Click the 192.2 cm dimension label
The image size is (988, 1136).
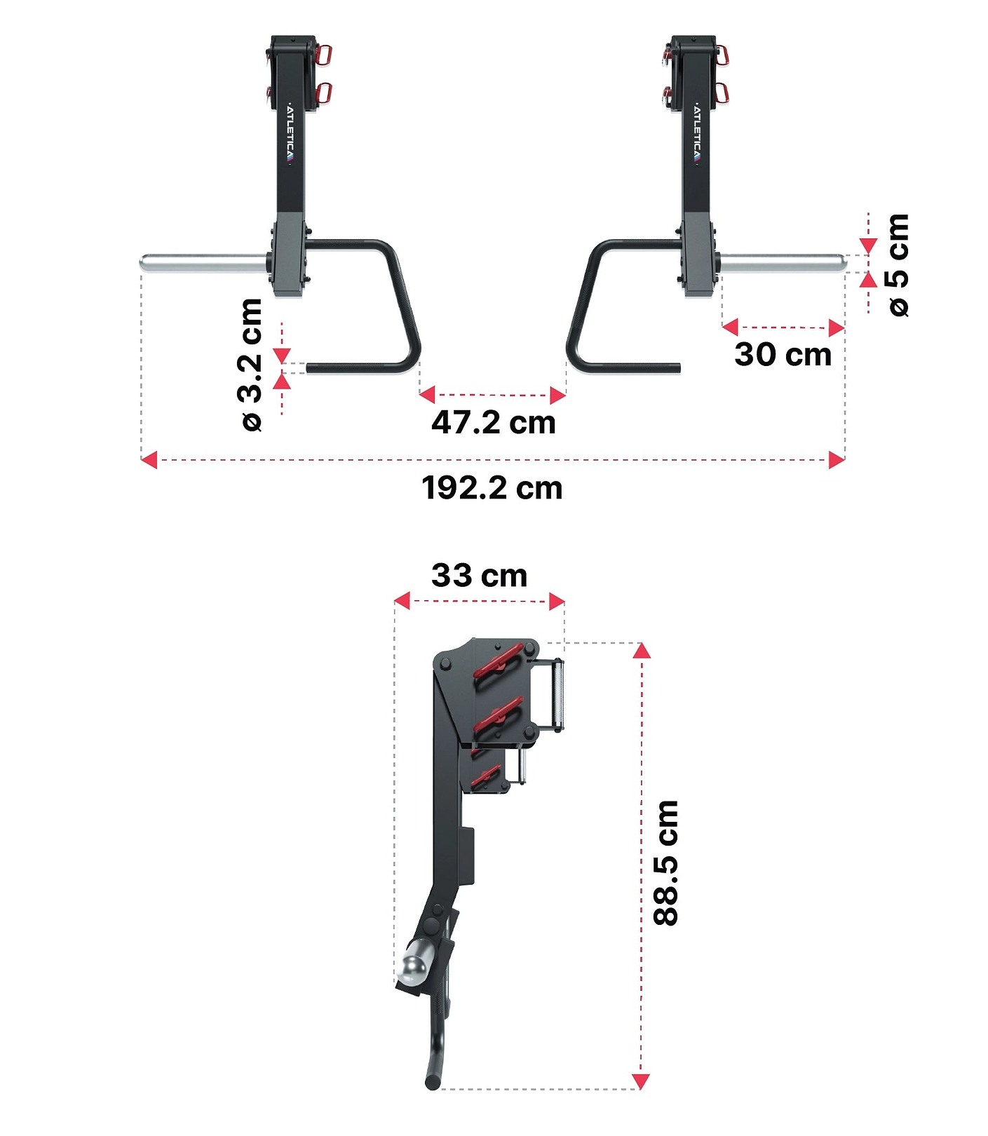pos(492,488)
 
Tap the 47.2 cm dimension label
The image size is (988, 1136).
pos(493,423)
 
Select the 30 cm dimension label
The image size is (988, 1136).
pos(783,354)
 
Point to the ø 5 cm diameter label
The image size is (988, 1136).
pos(898,265)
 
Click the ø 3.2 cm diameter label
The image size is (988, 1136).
pos(251,365)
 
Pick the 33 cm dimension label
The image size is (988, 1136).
pos(479,576)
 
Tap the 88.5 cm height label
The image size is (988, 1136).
pos(666,863)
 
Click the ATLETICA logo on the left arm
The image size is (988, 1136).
pos(290,135)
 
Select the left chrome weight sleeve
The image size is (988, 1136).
pos(203,263)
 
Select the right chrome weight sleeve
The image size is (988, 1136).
pos(782,263)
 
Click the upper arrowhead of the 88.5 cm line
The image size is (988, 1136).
pos(642,651)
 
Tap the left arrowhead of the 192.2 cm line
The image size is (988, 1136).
pos(149,460)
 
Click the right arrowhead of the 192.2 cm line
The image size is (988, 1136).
pos(837,460)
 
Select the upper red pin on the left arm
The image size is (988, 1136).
pos(323,54)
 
